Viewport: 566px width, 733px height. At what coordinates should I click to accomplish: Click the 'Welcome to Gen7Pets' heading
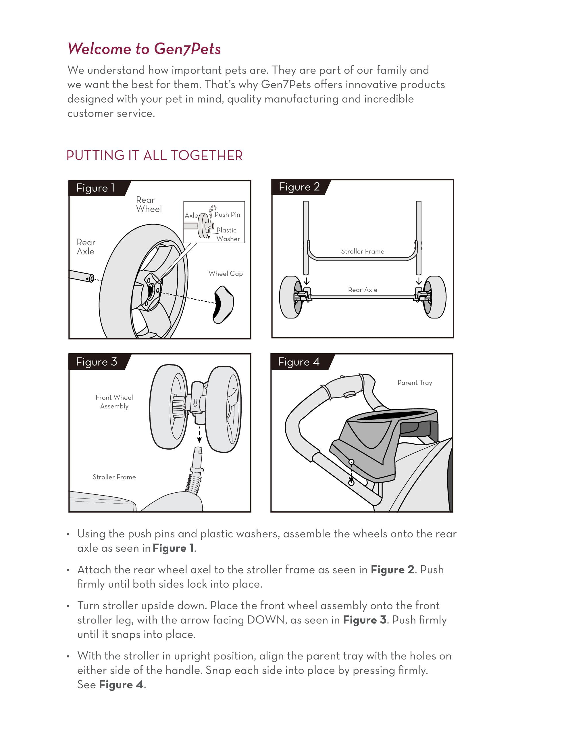pos(144,49)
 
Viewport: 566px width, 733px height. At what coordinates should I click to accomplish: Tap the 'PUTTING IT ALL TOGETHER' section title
pos(154,156)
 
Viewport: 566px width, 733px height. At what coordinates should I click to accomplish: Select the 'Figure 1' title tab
pos(96,188)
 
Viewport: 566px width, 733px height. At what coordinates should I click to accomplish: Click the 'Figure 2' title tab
pos(299,187)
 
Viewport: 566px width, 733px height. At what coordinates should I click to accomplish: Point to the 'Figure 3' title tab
pos(96,362)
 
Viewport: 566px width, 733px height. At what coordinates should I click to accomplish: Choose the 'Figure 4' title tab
pos(299,362)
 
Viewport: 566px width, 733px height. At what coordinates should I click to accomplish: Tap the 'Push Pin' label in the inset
pos(227,214)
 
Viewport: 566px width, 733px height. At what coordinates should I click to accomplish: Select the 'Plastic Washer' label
pos(228,234)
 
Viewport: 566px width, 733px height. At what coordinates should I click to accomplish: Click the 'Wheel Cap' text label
pos(226,274)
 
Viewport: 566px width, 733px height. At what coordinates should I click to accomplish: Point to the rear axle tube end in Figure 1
pos(89,278)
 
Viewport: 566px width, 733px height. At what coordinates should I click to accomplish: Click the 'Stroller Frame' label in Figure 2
pos(362,252)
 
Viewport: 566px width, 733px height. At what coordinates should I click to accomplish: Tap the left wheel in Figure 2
pos(290,297)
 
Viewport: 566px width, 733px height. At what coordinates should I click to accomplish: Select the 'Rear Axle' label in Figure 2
pos(362,290)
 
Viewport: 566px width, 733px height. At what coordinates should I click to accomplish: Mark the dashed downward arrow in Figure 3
pos(199,435)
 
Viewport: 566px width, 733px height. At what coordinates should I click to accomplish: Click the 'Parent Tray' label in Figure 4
pos(415,383)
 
